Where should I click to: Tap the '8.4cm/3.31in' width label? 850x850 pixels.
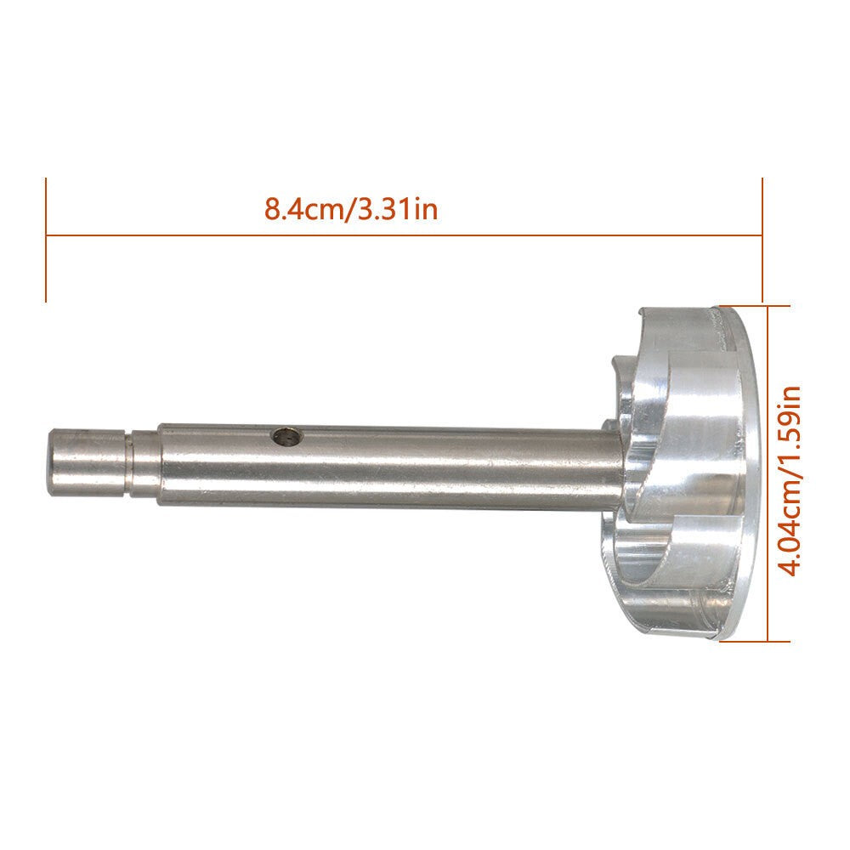(x=351, y=210)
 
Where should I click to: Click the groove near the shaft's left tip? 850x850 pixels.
(x=129, y=462)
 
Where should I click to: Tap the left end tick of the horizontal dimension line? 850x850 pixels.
(x=46, y=240)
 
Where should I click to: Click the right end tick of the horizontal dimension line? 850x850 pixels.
(x=762, y=240)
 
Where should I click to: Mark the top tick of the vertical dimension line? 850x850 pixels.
(x=752, y=306)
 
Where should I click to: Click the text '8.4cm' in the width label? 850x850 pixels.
(x=302, y=210)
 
